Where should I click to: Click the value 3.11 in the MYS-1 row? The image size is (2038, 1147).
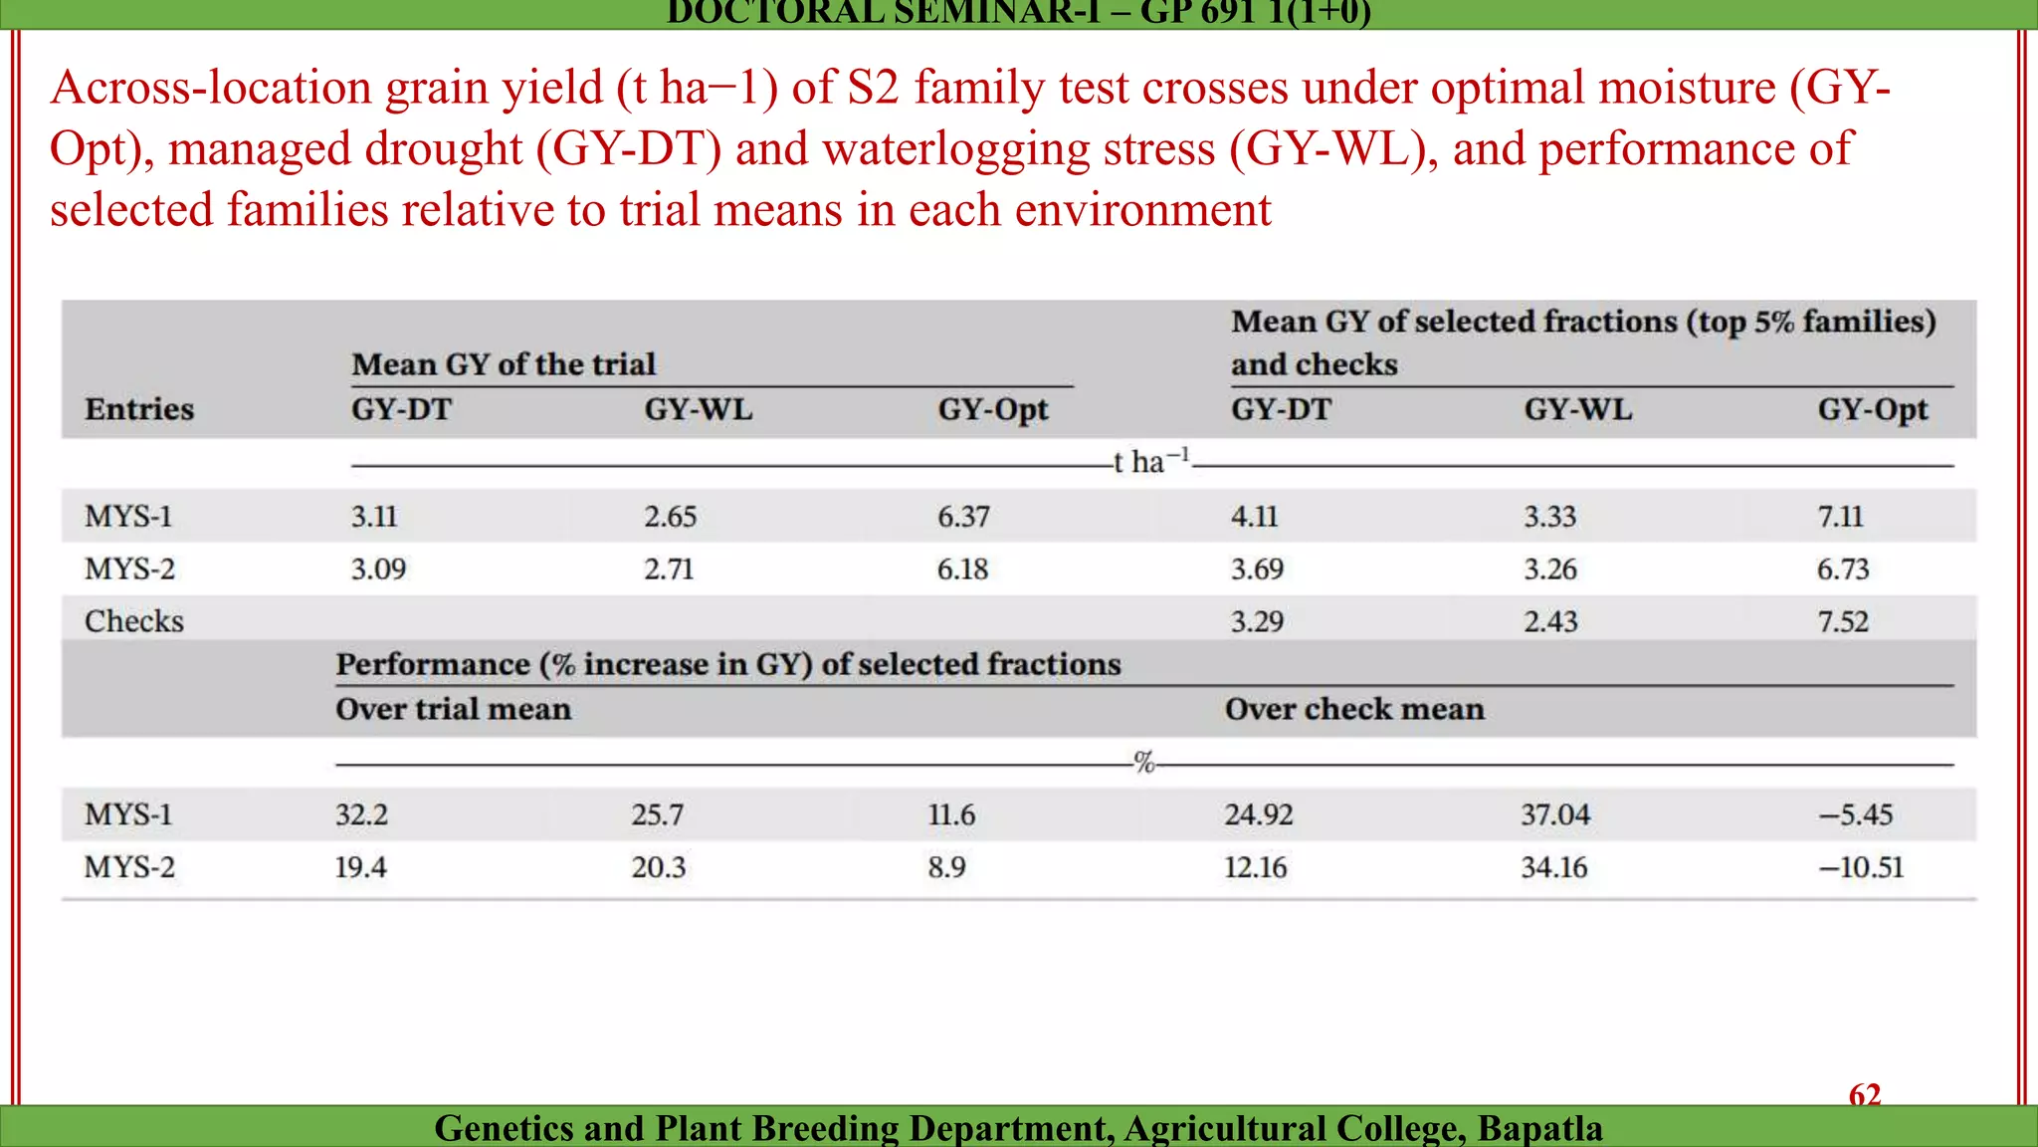point(374,517)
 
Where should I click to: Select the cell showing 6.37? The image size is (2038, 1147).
point(963,517)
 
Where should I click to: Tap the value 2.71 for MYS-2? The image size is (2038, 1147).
point(669,570)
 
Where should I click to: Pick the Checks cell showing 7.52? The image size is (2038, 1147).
point(1843,622)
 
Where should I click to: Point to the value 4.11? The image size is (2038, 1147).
point(1255,517)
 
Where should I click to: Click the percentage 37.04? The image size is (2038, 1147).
point(1555,815)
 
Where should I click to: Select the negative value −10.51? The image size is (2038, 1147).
point(1861,867)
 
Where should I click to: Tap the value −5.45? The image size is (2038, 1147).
point(1856,815)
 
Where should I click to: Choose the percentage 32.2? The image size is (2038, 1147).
point(361,815)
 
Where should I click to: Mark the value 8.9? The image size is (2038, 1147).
point(946,867)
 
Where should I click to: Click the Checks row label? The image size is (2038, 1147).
point(134,621)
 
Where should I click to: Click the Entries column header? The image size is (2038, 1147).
point(139,409)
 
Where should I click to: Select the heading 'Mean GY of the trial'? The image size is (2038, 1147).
point(504,364)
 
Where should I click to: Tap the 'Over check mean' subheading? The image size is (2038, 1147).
point(1354,709)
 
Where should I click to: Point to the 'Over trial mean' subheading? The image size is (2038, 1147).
point(454,709)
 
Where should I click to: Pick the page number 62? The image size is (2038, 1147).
point(1865,1095)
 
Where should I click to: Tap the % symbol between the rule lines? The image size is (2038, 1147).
point(1144,764)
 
